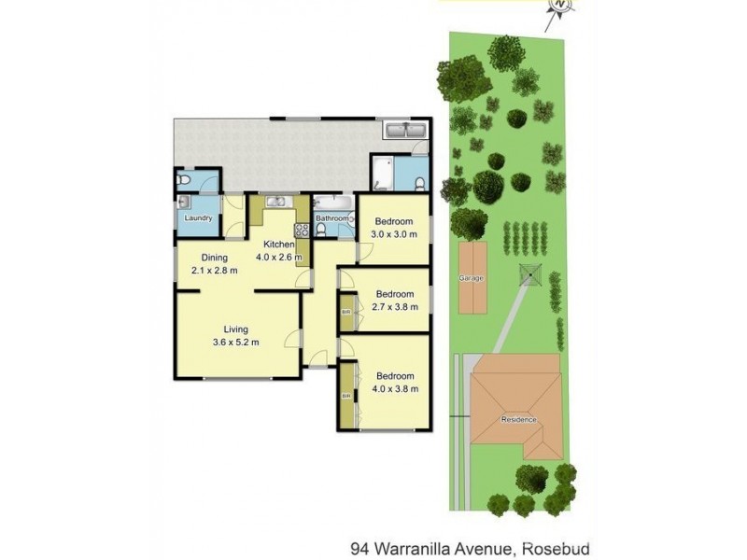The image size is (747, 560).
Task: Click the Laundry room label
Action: (x=198, y=218)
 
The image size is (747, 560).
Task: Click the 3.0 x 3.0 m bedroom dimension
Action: (x=393, y=234)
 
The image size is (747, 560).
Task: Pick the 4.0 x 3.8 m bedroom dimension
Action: (x=393, y=389)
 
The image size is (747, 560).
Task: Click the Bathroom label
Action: (x=331, y=219)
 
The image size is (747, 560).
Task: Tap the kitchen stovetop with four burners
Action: (x=302, y=230)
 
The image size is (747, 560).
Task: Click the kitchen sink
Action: (x=277, y=202)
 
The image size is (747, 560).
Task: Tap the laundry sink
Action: (x=184, y=202)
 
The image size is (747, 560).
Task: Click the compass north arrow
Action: (x=559, y=7)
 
